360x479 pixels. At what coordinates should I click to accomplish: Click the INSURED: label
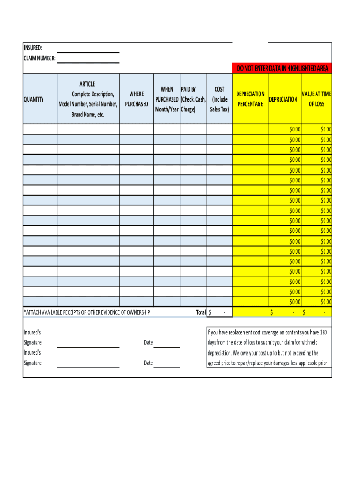(33, 48)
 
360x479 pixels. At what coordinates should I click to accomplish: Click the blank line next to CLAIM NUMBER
(88, 59)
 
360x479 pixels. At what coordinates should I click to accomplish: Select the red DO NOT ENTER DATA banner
(282, 68)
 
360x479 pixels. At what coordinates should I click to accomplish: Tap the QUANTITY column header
(34, 99)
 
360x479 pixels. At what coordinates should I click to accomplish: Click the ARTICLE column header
(88, 99)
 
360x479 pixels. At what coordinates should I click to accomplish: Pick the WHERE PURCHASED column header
(137, 99)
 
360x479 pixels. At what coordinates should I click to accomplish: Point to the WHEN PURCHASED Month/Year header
(167, 99)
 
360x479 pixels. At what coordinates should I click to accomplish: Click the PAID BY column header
(193, 99)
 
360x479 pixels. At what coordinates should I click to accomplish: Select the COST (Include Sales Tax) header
(219, 99)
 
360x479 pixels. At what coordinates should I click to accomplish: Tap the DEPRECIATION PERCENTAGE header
(250, 99)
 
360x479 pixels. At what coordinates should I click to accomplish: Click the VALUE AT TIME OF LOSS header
(316, 99)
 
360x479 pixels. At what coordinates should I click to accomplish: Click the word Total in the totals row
(201, 312)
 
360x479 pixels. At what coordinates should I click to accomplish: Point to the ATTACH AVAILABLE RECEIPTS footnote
(86, 312)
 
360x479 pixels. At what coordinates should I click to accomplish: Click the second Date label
(148, 363)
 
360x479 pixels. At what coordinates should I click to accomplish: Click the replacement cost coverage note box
(269, 348)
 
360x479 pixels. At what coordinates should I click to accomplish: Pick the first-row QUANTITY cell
(40, 129)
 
